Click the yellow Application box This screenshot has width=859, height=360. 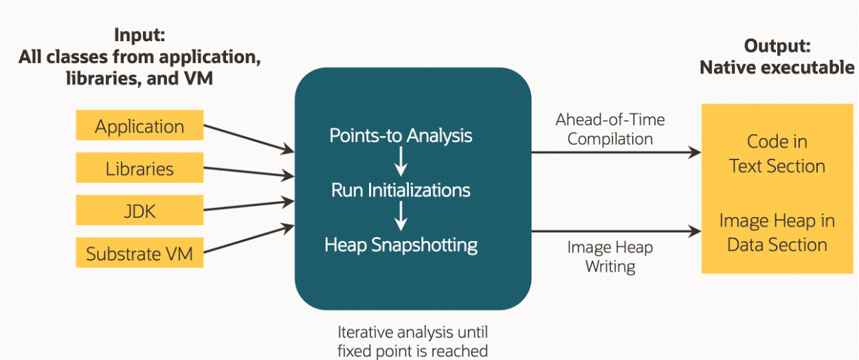140,126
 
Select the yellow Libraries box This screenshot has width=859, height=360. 140,168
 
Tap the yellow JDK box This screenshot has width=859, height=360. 140,211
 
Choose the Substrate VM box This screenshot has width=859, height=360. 140,254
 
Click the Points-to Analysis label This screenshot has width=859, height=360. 401,135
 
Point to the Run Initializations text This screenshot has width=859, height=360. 401,190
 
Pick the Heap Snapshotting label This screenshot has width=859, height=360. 401,244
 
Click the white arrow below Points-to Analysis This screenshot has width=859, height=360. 401,162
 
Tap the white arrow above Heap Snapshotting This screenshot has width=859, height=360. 401,216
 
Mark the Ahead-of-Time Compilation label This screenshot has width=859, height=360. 610,129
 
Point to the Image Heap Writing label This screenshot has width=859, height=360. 610,257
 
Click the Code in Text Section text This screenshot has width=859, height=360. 777,154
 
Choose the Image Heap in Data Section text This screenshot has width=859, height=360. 777,232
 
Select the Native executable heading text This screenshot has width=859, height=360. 777,67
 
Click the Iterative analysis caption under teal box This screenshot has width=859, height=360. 412,341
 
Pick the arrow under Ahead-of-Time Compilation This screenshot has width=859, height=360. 616,153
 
